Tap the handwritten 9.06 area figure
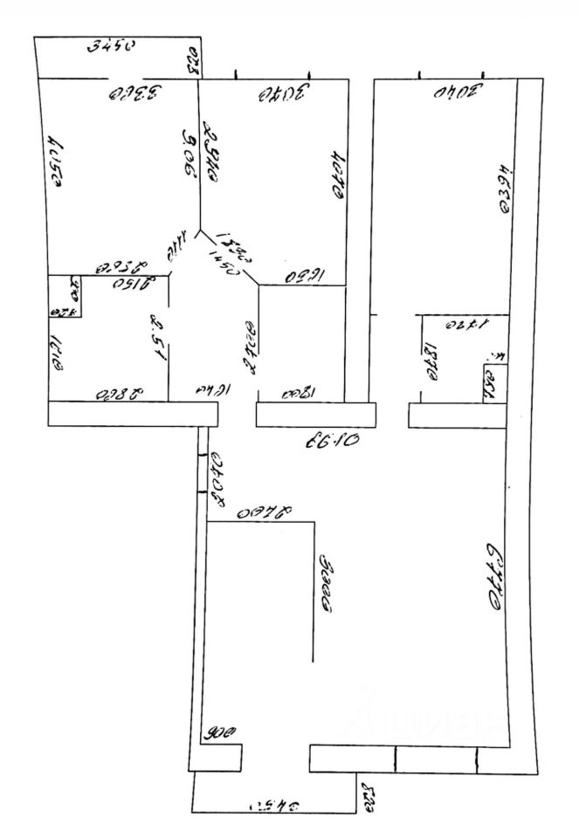187,154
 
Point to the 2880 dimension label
118,393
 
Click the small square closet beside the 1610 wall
65,297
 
